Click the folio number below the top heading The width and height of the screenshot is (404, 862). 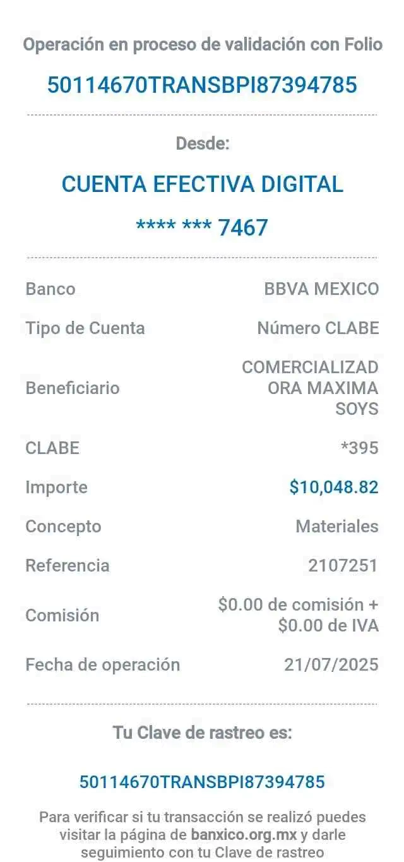[x=202, y=84]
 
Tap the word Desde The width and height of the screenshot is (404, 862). [x=202, y=144]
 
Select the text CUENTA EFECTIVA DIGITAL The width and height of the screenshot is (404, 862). [x=202, y=184]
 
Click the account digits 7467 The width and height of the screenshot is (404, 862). [x=243, y=227]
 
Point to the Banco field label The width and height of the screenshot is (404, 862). [x=50, y=290]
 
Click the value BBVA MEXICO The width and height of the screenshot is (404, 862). [x=321, y=290]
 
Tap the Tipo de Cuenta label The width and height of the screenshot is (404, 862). [x=85, y=328]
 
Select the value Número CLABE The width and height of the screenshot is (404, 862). [x=318, y=328]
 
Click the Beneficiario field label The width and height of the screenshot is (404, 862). [x=73, y=388]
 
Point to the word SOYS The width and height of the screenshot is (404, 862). [x=357, y=409]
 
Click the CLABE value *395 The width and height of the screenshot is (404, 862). [x=359, y=448]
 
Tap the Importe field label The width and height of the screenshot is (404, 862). [x=56, y=488]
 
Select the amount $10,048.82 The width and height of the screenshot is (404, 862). [x=334, y=488]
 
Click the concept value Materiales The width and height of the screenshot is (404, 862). [x=337, y=526]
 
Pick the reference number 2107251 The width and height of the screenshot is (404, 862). [x=343, y=565]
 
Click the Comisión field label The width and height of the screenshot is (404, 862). [x=62, y=615]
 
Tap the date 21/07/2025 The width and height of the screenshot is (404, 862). [x=331, y=664]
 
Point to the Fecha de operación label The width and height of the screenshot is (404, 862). [x=103, y=664]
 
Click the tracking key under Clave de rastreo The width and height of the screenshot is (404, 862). [x=202, y=782]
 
